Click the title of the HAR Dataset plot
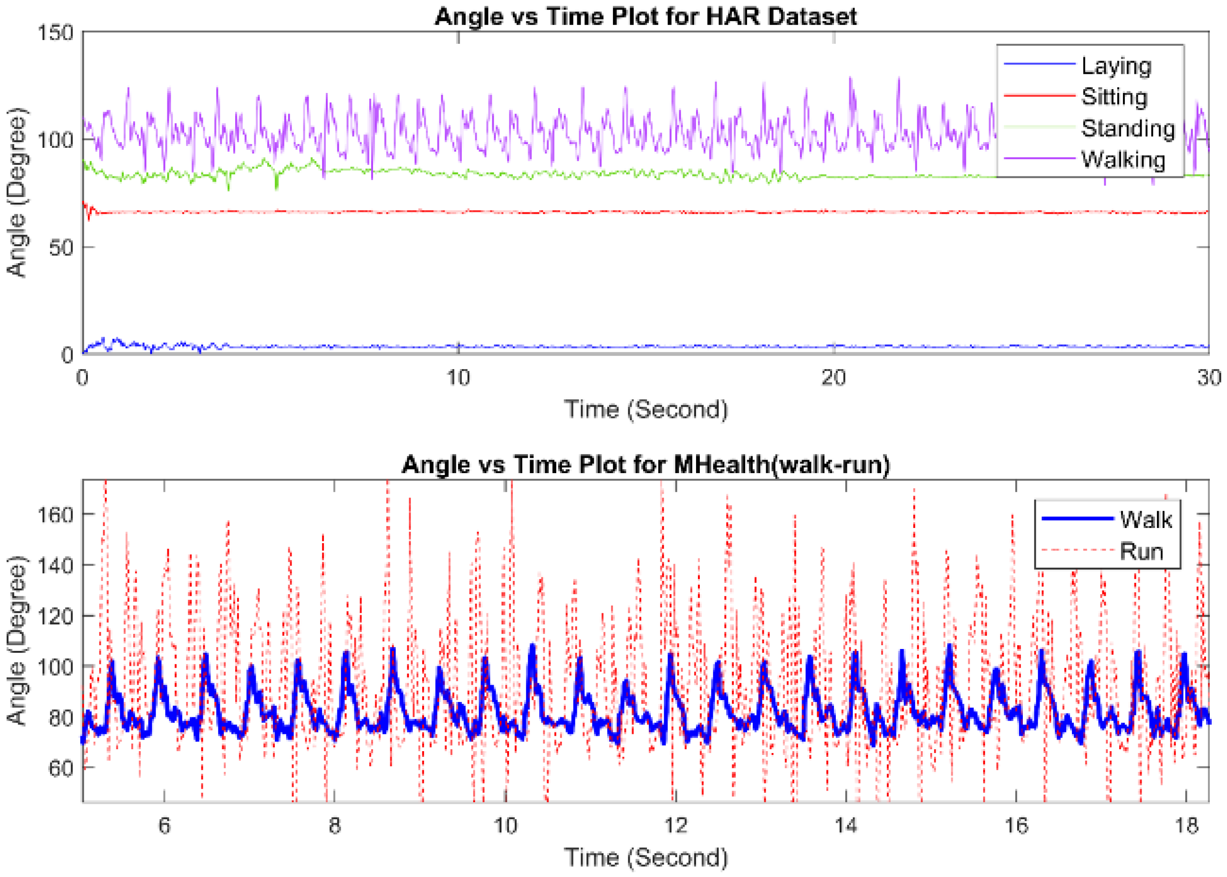pos(645,16)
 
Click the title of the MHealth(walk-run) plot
pos(645,464)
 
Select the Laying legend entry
pos(1116,66)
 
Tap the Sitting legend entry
pos(1113,97)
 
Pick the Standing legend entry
pos(1128,129)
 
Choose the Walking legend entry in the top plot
pos(1123,160)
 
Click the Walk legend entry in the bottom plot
pos(1145,519)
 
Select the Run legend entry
pos(1141,551)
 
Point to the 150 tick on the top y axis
pos(55,32)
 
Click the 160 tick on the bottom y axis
pos(55,514)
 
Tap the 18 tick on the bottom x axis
pos(1186,825)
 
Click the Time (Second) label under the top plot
pos(645,409)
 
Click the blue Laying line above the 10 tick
pos(458,346)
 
